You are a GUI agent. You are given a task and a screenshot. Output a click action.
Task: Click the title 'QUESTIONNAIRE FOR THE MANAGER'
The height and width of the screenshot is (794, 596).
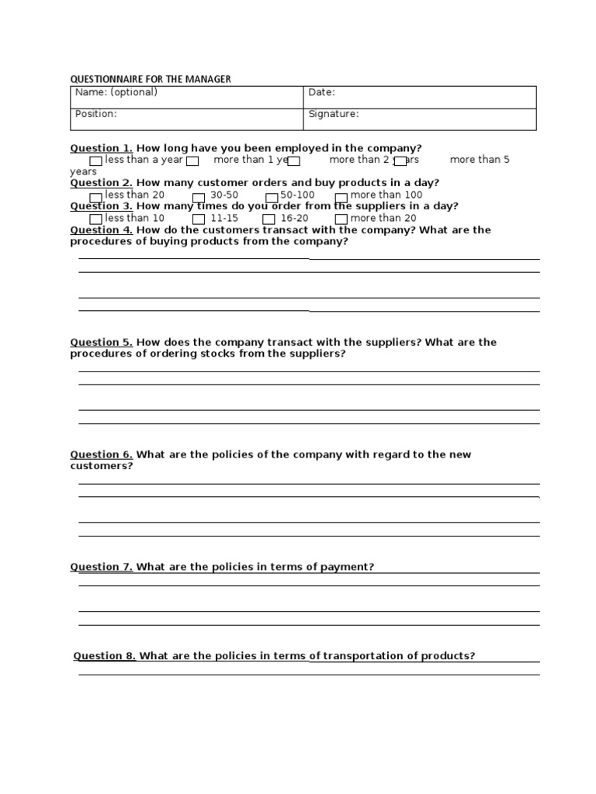pyautogui.click(x=151, y=79)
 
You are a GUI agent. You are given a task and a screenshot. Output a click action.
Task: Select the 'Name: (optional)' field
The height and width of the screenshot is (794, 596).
pyautogui.click(x=186, y=97)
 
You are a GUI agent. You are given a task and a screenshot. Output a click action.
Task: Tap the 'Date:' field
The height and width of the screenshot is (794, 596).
pyautogui.click(x=419, y=97)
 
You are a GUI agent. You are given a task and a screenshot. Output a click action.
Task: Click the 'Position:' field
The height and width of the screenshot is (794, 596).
pyautogui.click(x=186, y=119)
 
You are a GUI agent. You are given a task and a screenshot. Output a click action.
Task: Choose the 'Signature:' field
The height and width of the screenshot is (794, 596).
pyautogui.click(x=419, y=119)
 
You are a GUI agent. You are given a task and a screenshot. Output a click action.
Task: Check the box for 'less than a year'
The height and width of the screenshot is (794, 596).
pyautogui.click(x=95, y=161)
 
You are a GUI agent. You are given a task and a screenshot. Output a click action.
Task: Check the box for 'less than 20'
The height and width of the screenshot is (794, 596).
pyautogui.click(x=95, y=197)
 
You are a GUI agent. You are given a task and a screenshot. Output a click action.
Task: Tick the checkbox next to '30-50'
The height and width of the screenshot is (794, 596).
pyautogui.click(x=199, y=197)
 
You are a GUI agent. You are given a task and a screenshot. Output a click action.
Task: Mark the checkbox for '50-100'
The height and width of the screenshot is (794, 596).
pyautogui.click(x=272, y=197)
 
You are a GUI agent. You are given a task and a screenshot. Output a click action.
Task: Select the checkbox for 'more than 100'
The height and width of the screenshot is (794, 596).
pyautogui.click(x=341, y=197)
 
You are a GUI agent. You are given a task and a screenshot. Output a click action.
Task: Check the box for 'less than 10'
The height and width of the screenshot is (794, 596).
pyautogui.click(x=95, y=219)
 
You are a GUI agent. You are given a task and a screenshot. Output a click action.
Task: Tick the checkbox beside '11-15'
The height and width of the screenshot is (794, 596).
pyautogui.click(x=199, y=219)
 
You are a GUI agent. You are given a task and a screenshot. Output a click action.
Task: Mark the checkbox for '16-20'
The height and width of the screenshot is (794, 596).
pyautogui.click(x=269, y=219)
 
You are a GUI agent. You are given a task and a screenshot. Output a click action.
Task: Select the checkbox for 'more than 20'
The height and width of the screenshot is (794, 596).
pyautogui.click(x=341, y=219)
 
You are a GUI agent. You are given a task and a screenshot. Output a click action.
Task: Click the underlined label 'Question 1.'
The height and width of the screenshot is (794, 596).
pyautogui.click(x=102, y=148)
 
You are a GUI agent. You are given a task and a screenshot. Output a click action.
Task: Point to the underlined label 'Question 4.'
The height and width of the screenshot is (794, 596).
pyautogui.click(x=102, y=230)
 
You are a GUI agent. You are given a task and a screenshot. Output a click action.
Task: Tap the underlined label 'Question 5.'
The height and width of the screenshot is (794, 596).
pyautogui.click(x=102, y=343)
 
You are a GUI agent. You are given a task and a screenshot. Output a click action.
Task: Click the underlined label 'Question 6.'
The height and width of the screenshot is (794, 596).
pyautogui.click(x=102, y=455)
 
